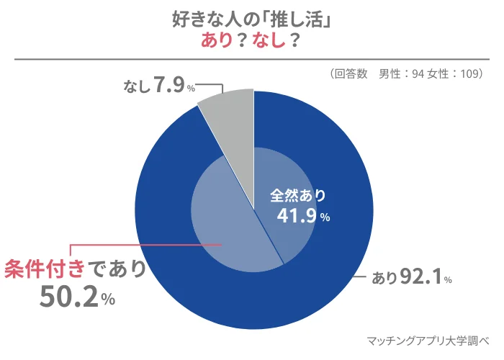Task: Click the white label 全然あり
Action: [298, 195]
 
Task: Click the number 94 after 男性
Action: [418, 73]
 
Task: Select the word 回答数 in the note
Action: [352, 73]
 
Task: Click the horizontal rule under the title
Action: [252, 58]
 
